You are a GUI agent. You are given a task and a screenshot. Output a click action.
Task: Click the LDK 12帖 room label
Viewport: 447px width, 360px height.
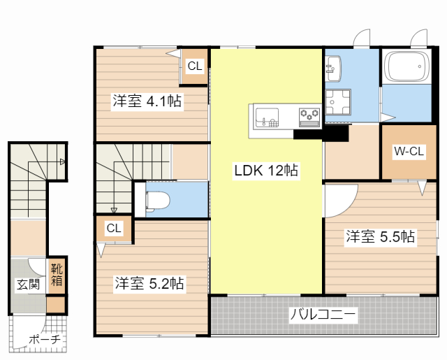[266, 171]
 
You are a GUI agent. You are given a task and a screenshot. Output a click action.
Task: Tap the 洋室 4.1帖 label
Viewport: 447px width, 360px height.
[147, 101]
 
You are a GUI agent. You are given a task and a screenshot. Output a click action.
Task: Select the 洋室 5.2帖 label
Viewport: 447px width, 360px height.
[149, 283]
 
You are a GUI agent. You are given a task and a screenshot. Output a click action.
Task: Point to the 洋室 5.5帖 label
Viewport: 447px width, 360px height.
[380, 236]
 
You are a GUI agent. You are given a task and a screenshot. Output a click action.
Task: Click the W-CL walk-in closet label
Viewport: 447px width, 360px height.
[409, 151]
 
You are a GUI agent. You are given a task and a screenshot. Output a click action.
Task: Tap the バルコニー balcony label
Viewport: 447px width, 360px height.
[323, 315]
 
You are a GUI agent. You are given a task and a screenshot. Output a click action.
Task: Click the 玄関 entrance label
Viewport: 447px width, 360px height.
[28, 285]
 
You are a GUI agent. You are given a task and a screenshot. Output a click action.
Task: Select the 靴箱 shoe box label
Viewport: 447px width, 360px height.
[57, 275]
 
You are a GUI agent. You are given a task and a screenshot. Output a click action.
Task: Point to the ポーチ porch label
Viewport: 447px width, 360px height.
[45, 340]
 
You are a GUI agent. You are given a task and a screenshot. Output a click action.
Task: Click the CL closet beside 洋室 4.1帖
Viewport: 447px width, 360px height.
[195, 66]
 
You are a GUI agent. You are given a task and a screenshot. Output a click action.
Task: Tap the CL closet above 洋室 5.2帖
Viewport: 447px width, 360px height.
[114, 228]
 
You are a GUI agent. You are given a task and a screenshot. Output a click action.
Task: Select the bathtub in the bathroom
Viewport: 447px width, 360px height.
[406, 66]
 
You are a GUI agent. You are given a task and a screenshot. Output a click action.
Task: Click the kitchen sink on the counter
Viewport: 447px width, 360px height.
[267, 117]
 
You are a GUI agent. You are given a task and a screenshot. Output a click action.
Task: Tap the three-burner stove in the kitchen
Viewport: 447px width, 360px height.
[309, 117]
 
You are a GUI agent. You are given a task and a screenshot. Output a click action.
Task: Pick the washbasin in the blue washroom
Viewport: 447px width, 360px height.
[333, 69]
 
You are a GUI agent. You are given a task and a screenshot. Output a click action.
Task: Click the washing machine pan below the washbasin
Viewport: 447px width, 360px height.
[338, 102]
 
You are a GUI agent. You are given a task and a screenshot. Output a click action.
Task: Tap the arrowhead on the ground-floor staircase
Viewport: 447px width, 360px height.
[62, 162]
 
